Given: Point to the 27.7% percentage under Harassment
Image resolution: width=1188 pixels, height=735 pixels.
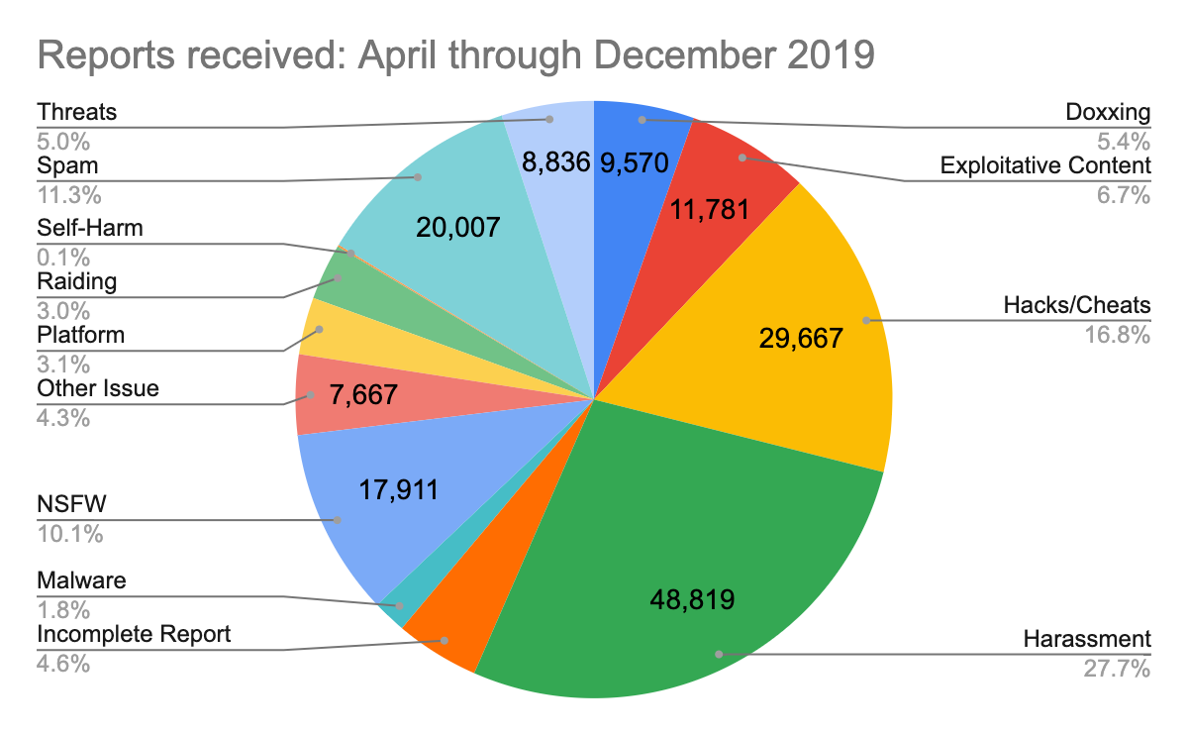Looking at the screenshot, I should point(1118,670).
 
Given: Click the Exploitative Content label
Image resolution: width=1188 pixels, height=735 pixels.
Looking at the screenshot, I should point(1045,164).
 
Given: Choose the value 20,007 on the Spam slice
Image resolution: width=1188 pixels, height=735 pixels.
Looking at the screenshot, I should point(457,228).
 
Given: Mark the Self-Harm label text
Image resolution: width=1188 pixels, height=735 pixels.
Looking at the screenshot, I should point(90,228).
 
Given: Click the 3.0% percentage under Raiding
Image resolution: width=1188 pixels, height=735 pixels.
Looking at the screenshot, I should point(63,308).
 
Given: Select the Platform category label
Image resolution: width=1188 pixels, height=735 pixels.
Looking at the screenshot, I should point(81,335).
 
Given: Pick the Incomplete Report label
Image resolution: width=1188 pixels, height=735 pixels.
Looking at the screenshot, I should point(134,633).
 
